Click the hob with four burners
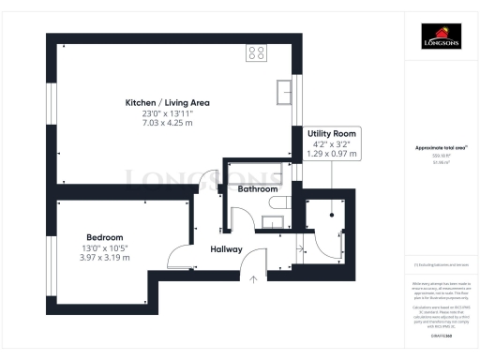coord(255,53)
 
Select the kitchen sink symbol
coord(285,91)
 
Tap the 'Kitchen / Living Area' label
coord(168,102)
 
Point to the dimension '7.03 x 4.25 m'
coord(168,123)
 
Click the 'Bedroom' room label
coord(104,237)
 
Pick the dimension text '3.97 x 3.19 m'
coord(104,258)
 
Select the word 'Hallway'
coord(226,249)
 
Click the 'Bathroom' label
coord(257,188)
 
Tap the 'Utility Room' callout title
coord(332,135)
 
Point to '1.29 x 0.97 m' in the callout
coord(332,153)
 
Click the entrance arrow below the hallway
coord(252,278)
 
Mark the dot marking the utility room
coord(331,214)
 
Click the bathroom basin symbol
coord(273,221)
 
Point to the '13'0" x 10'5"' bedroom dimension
coord(104,247)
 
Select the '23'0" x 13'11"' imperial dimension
coord(168,112)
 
